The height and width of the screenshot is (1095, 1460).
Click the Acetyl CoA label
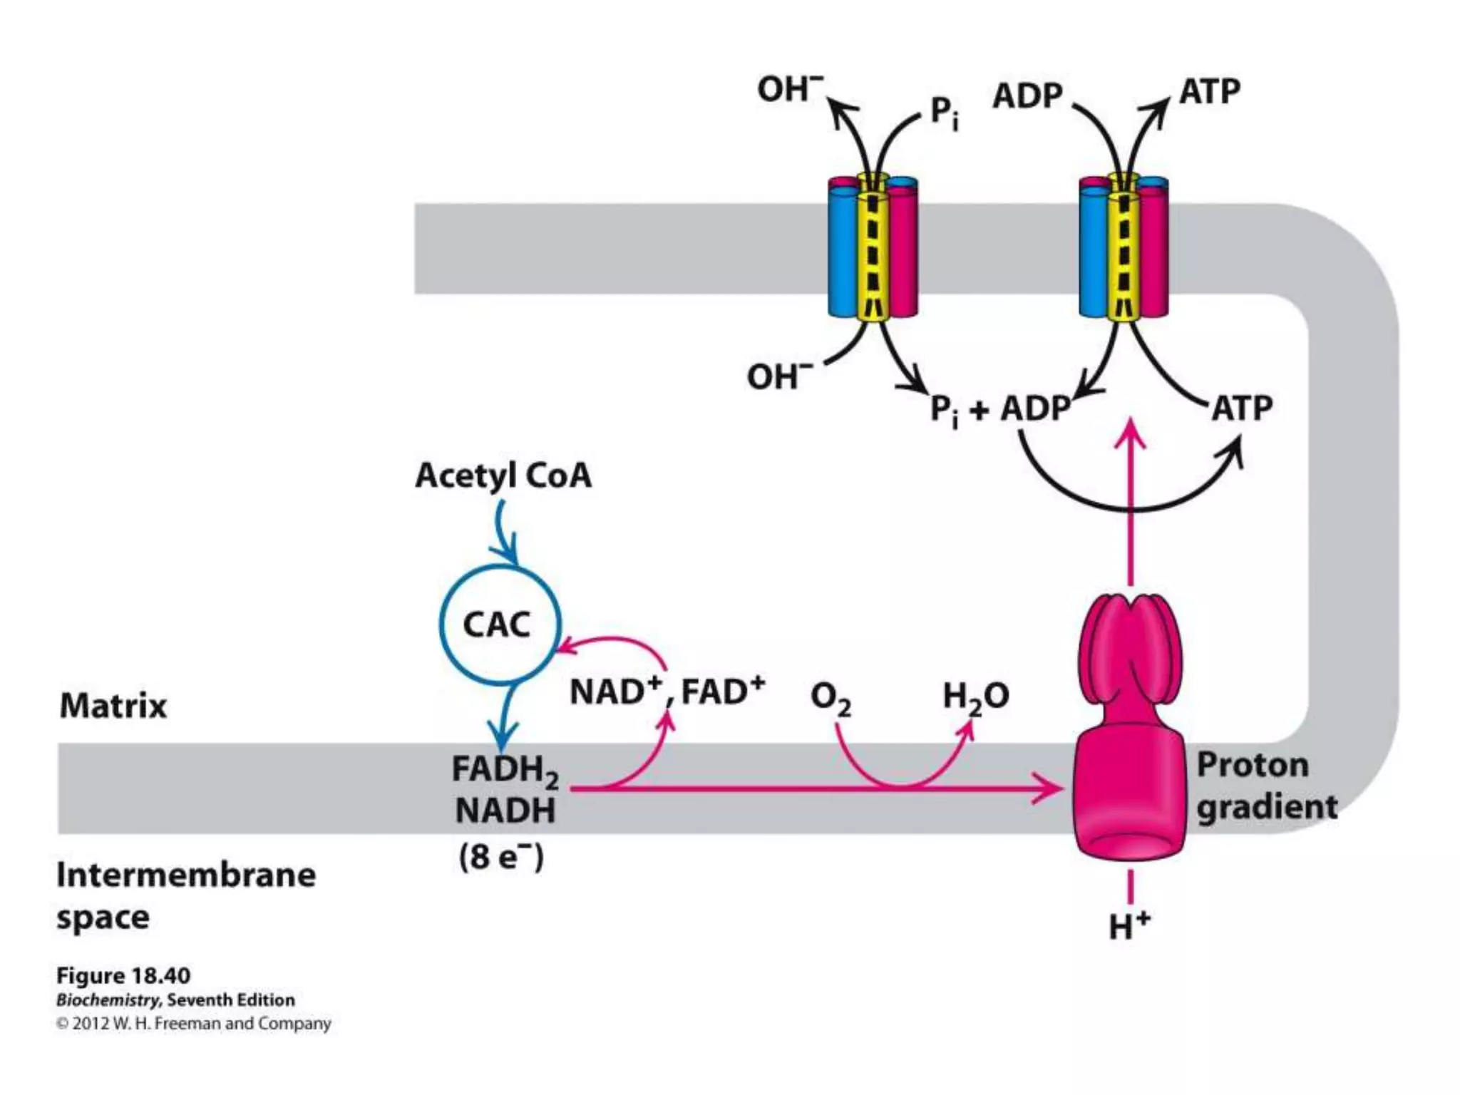[503, 475]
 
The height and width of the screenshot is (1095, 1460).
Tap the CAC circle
[498, 624]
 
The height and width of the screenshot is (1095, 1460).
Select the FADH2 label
[504, 770]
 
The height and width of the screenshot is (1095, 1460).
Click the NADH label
[505, 811]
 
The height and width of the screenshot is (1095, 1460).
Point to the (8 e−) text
[501, 856]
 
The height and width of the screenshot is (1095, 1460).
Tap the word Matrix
[113, 706]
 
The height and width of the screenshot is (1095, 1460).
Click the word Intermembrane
[186, 875]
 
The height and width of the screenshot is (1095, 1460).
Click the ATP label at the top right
[1210, 92]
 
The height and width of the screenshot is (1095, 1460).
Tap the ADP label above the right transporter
[1027, 96]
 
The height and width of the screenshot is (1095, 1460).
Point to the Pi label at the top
[945, 113]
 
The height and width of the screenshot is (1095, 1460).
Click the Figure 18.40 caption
[123, 975]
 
